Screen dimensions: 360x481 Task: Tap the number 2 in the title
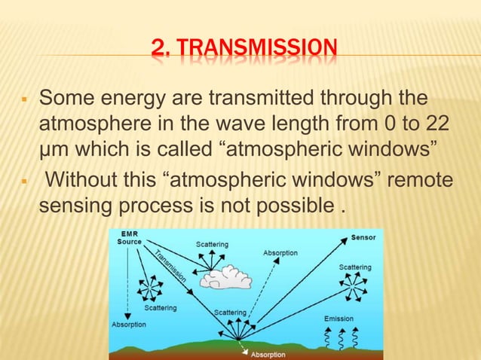click(158, 50)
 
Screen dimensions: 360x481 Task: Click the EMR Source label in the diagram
click(129, 239)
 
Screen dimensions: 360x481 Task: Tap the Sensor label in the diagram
click(364, 238)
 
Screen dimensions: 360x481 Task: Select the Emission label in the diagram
click(339, 319)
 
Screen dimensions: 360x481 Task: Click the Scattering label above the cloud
click(213, 245)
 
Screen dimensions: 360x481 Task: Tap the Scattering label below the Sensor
click(354, 267)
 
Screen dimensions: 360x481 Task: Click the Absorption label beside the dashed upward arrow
click(280, 253)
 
